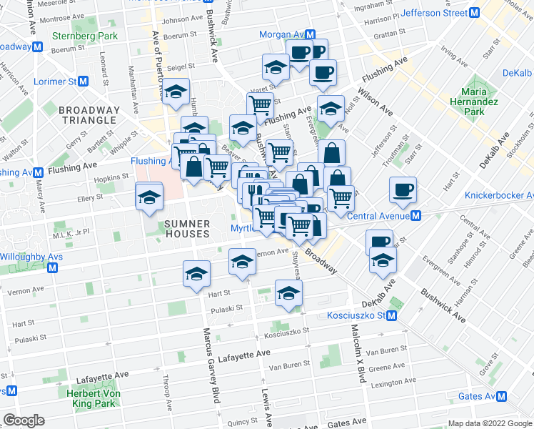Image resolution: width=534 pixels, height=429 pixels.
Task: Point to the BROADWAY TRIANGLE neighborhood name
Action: pyautogui.click(x=89, y=114)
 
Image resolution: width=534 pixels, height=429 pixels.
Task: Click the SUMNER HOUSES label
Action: pyautogui.click(x=188, y=229)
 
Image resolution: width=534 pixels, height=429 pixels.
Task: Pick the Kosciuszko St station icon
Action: pyautogui.click(x=391, y=316)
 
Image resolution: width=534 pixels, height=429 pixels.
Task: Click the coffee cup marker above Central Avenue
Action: pyautogui.click(x=403, y=190)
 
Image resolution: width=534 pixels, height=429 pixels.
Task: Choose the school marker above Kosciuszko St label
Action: pyautogui.click(x=288, y=294)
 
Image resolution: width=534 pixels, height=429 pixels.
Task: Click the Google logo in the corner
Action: pyautogui.click(x=24, y=420)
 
